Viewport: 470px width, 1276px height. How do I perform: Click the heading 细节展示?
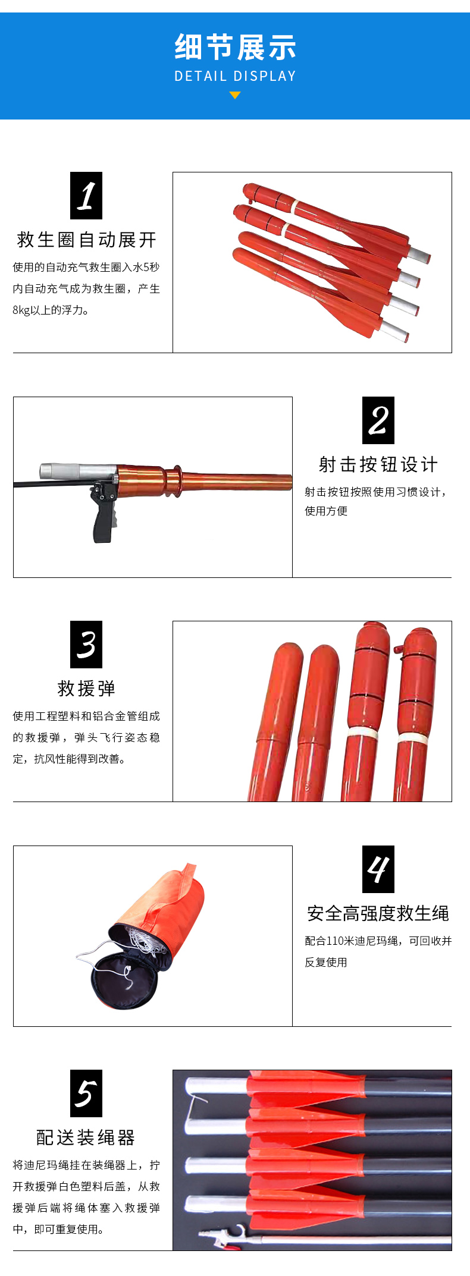[x=235, y=47]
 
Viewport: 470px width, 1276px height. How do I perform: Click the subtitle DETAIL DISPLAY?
[x=235, y=76]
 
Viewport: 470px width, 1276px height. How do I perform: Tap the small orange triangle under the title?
[x=235, y=95]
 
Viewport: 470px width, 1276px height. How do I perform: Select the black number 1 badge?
[x=86, y=196]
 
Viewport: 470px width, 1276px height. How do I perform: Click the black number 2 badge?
[x=378, y=420]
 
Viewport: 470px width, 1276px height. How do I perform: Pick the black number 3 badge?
[x=86, y=645]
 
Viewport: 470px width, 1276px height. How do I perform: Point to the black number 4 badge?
[x=378, y=869]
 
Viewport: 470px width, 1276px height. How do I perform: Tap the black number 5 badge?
[x=86, y=1093]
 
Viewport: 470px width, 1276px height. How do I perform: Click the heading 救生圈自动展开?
[x=87, y=240]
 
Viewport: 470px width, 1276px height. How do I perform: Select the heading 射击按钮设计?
[x=378, y=464]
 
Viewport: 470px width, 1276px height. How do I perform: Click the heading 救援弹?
[x=87, y=689]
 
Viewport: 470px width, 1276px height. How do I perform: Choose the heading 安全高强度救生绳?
[x=378, y=913]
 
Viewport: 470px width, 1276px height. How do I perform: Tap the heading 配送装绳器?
[x=87, y=1137]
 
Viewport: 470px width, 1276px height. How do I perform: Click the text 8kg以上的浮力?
[x=51, y=310]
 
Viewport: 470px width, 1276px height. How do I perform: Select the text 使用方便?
[x=326, y=511]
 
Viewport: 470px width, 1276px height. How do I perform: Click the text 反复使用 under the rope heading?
[x=326, y=962]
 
